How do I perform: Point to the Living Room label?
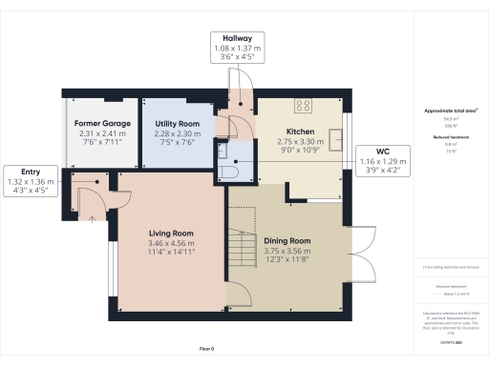[171, 234]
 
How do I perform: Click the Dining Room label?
[287, 241]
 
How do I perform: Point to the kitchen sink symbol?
[337, 135]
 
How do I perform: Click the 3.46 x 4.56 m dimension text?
[171, 243]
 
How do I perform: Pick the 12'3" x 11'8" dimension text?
[287, 260]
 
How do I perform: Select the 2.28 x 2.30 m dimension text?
[177, 134]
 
